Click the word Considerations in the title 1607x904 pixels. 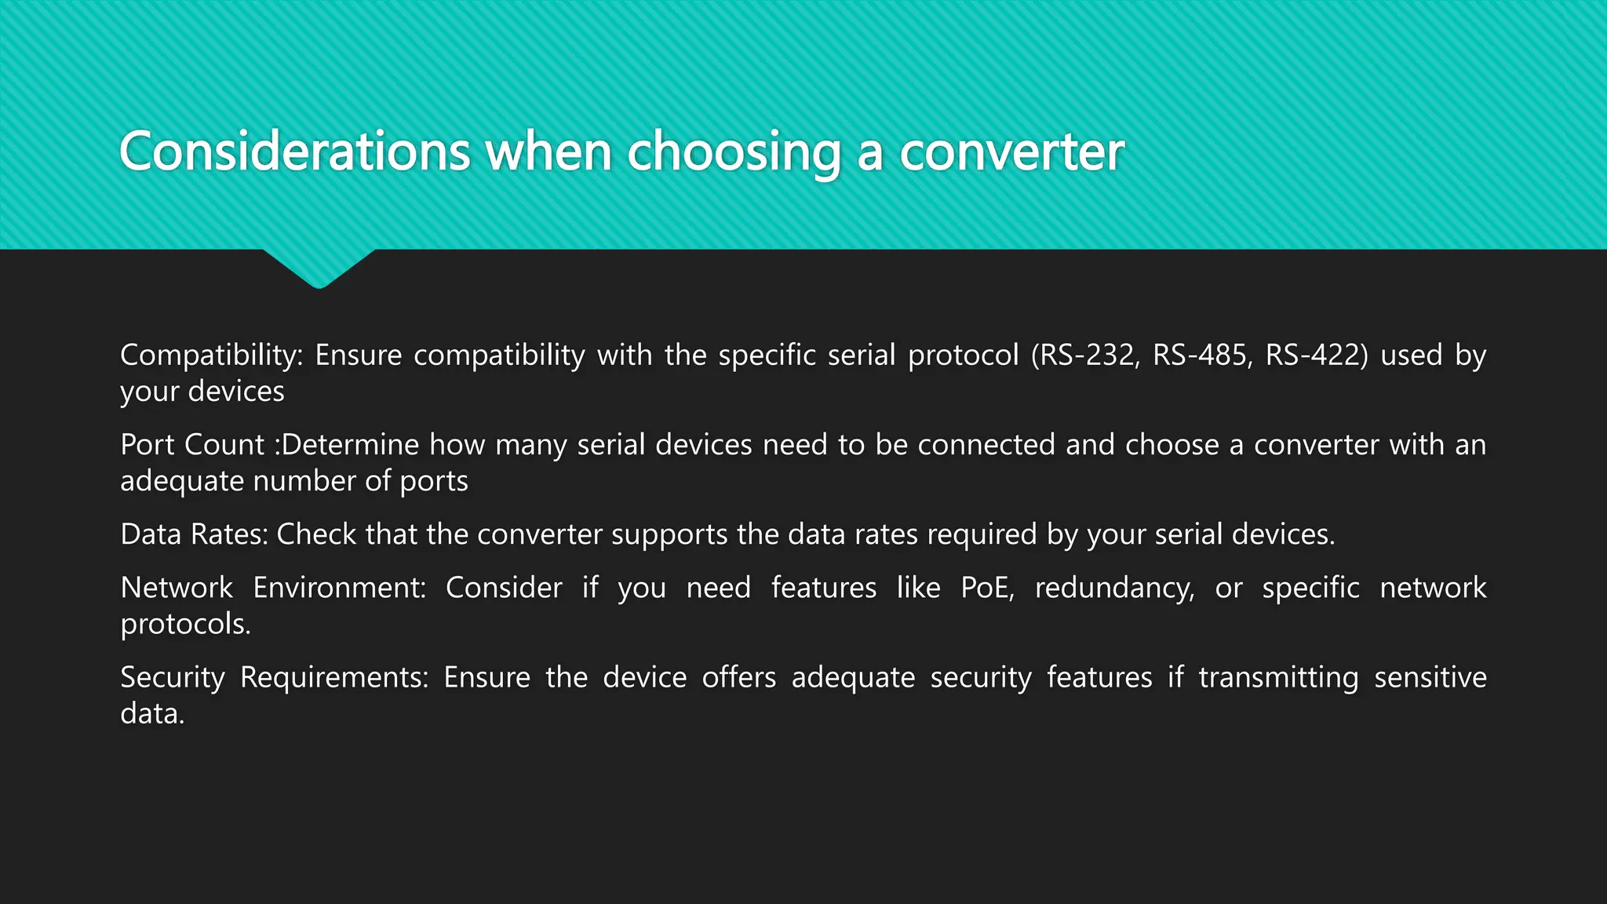[294, 151]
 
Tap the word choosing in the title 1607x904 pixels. [734, 153]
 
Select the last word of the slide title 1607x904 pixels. [1011, 151]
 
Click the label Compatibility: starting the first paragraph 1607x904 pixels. [211, 355]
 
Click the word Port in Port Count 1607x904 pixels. [148, 445]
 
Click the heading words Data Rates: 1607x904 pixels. [194, 534]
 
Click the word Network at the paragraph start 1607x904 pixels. [177, 588]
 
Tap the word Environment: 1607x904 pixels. [339, 588]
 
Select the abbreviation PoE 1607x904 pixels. [987, 588]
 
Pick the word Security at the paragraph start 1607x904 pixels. [172, 677]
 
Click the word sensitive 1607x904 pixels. [1430, 677]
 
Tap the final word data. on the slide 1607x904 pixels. [152, 713]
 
